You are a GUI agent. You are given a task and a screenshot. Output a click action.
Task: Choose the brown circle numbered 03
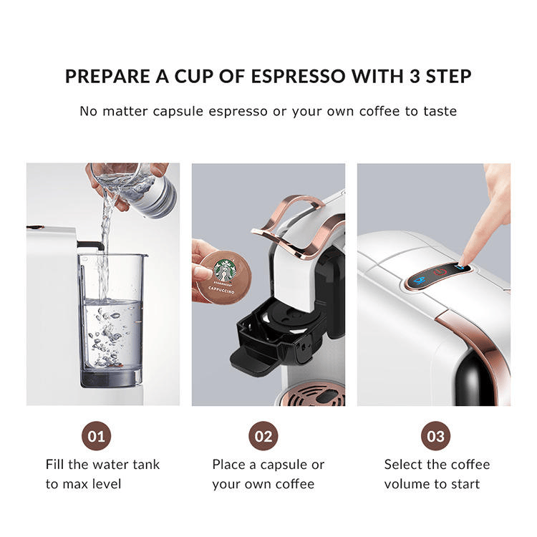pos(435,436)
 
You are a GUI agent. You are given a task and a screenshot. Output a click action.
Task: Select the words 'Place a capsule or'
pos(268,464)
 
